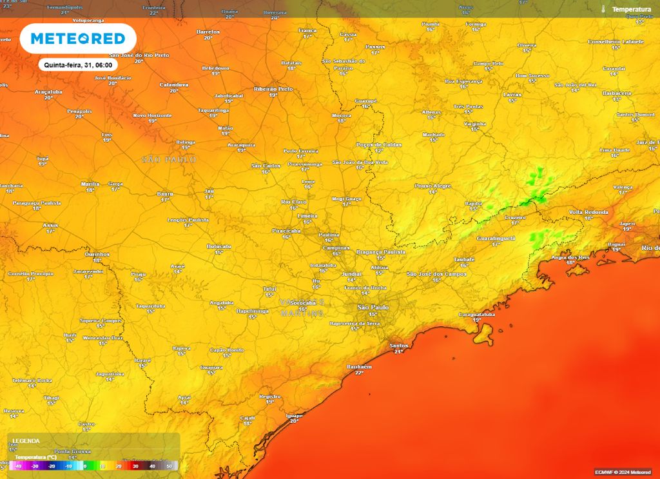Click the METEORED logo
pyautogui.click(x=78, y=39)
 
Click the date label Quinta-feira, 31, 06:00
pyautogui.click(x=78, y=65)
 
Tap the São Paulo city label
pyautogui.click(x=373, y=308)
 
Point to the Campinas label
pyautogui.click(x=336, y=248)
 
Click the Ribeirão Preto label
pyautogui.click(x=273, y=89)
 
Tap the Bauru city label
pyautogui.click(x=165, y=193)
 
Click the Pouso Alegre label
pyautogui.click(x=432, y=186)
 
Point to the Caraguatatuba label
pyautogui.click(x=476, y=314)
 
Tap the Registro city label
pyautogui.click(x=269, y=396)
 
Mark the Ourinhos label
pyautogui.click(x=97, y=254)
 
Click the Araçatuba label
pyautogui.click(x=48, y=92)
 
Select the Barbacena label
pyautogui.click(x=616, y=93)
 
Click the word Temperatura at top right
pyautogui.click(x=632, y=10)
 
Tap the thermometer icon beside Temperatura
pyautogui.click(x=603, y=10)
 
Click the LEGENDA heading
pyautogui.click(x=26, y=441)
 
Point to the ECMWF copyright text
pyautogui.click(x=623, y=473)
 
